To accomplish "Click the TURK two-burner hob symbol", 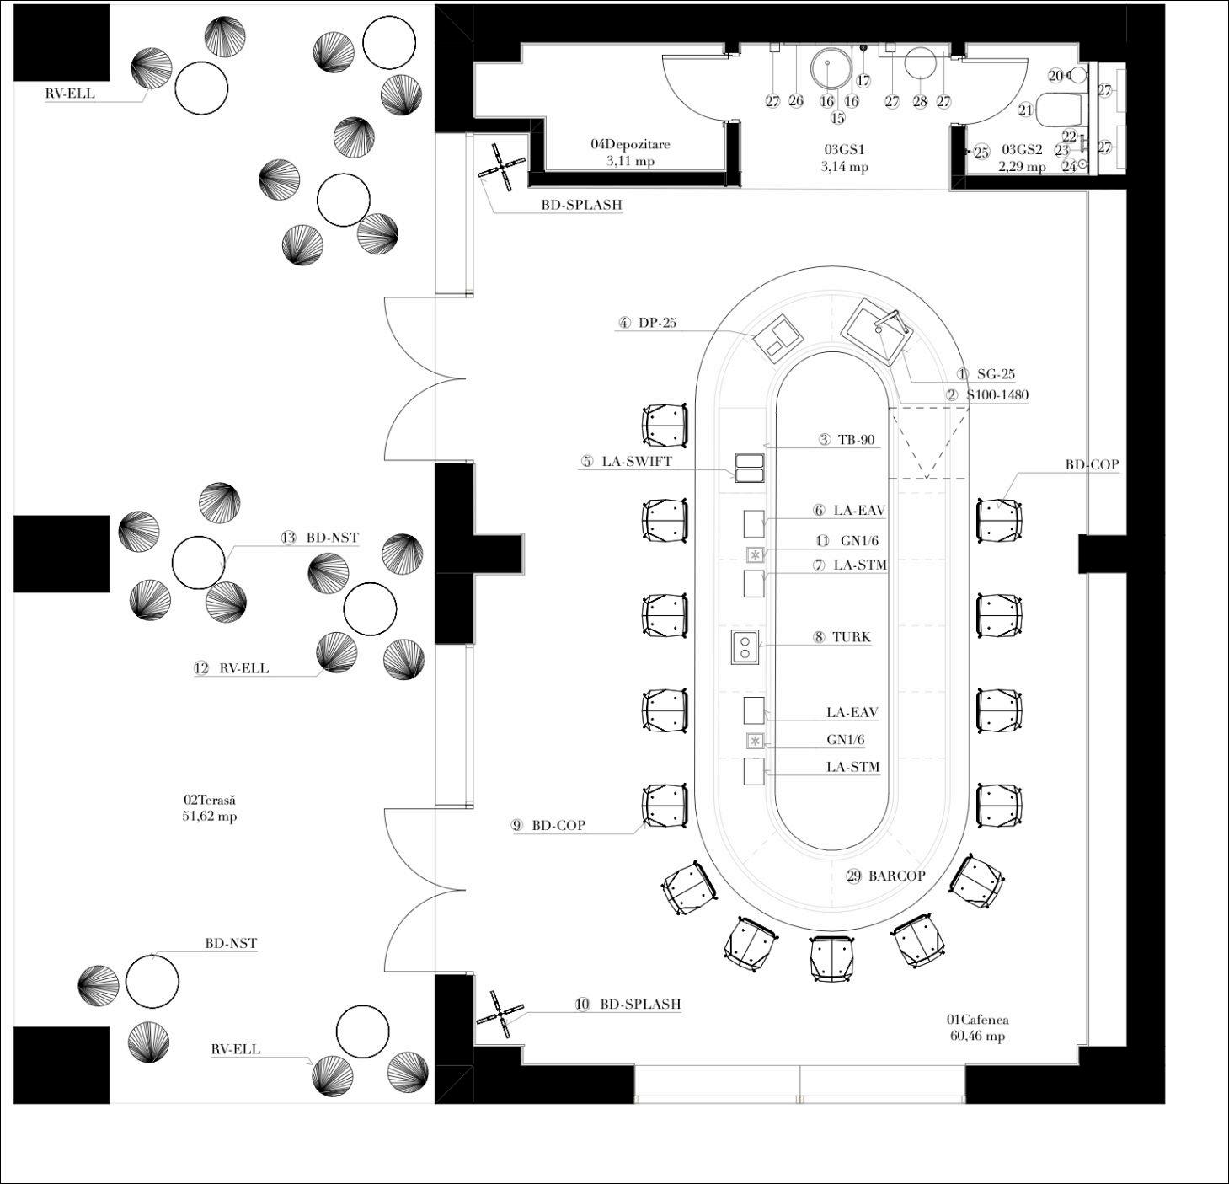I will tap(745, 646).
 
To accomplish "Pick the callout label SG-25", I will tap(996, 374).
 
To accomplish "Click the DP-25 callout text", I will tap(657, 323).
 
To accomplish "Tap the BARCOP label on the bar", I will tap(896, 876).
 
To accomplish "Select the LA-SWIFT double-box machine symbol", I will tap(749, 468).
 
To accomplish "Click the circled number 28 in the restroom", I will tap(920, 102).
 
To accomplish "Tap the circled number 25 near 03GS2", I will tap(981, 153).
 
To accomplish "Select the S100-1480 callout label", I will tap(997, 395).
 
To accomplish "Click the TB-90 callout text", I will tap(856, 440).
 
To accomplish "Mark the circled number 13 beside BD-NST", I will tap(289, 538).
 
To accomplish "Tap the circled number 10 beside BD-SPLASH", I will tap(583, 1005).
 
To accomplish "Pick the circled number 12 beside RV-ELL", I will tap(201, 668).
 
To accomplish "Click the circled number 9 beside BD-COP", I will tap(517, 826).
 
